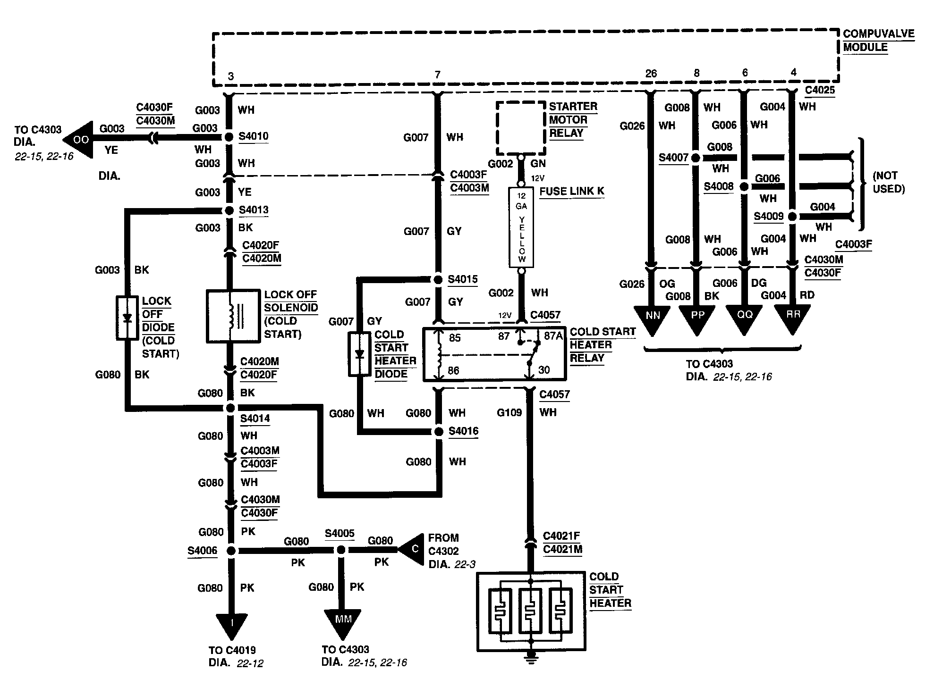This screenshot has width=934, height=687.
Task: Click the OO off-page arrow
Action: [x=77, y=139]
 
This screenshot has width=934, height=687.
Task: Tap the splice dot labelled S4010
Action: [x=229, y=137]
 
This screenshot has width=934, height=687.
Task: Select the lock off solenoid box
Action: [x=233, y=316]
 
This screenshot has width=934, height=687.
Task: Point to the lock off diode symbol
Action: [x=127, y=318]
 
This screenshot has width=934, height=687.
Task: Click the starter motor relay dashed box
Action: [x=521, y=128]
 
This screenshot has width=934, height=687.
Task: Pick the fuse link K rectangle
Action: [x=521, y=227]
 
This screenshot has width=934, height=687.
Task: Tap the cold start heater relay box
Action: [x=493, y=354]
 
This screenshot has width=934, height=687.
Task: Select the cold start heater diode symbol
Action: [x=360, y=354]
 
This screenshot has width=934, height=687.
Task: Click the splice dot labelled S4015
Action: [x=438, y=279]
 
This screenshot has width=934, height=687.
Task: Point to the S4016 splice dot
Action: [x=439, y=432]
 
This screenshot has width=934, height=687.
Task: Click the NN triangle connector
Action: [x=652, y=319]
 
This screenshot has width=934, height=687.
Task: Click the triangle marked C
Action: [x=411, y=549]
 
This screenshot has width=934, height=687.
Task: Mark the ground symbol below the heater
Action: [x=531, y=659]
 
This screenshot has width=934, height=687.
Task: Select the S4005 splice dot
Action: [x=340, y=550]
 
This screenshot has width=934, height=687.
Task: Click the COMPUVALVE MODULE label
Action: [x=878, y=41]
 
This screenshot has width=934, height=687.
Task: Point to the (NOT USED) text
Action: [x=888, y=182]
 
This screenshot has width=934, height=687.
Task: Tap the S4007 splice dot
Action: [x=695, y=158]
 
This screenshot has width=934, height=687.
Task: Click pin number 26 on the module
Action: [x=651, y=74]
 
